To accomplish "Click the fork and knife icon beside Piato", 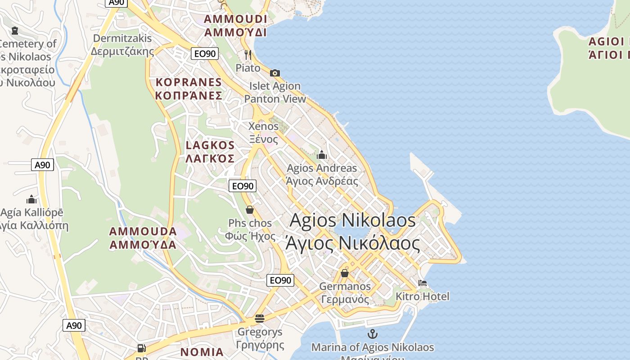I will tap(248, 55).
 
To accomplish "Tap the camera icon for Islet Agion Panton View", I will tap(275, 73).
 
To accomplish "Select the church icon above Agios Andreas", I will tap(322, 155).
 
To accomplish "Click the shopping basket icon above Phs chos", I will tap(250, 210).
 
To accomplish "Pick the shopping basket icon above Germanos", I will tap(345, 273).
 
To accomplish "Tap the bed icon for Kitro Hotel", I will tap(422, 283).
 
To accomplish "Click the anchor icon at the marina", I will tap(373, 334).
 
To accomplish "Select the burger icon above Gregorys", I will tap(260, 319).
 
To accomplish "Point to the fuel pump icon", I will tap(141, 348).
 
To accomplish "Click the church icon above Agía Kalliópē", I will tap(31, 199).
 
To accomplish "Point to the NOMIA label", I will tap(202, 352).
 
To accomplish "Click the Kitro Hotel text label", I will tap(422, 296).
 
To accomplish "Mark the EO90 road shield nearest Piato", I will tap(205, 54).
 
